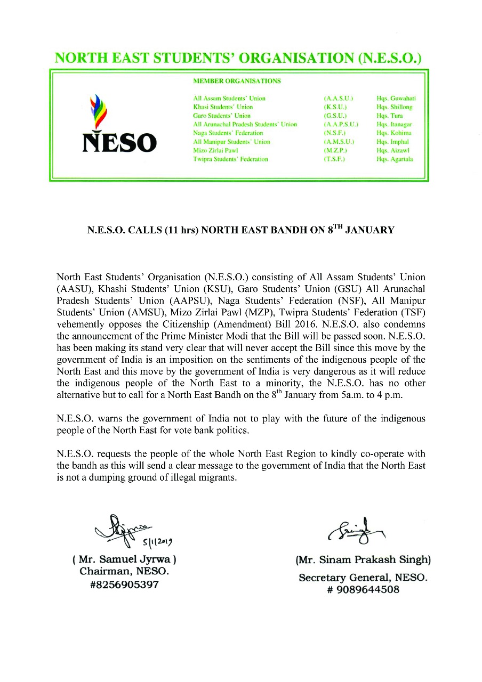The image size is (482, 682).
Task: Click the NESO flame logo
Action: pyautogui.click(x=97, y=112)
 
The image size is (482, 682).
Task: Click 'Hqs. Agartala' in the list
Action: pyautogui.click(x=395, y=159)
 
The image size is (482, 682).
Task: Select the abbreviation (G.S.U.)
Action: pyautogui.click(x=335, y=116)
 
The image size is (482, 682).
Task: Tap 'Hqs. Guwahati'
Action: pyautogui.click(x=396, y=99)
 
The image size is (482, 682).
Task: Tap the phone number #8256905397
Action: pyautogui.click(x=124, y=584)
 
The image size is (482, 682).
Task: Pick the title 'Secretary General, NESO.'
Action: pyautogui.click(x=363, y=578)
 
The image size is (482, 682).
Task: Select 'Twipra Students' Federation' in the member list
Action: pyautogui.click(x=230, y=159)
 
